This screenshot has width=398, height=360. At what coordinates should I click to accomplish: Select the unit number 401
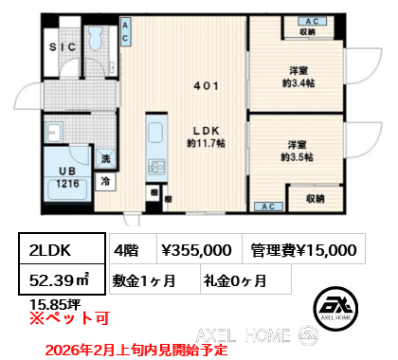207,85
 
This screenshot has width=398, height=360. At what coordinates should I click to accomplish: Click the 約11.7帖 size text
207,144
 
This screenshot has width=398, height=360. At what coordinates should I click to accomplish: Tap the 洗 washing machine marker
106,160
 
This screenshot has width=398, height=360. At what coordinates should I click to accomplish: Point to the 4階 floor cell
128,250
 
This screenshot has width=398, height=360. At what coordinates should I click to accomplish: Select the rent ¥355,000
195,250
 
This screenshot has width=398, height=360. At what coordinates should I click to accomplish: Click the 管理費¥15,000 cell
302,250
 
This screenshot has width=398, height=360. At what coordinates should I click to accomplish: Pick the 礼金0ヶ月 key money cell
234,281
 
